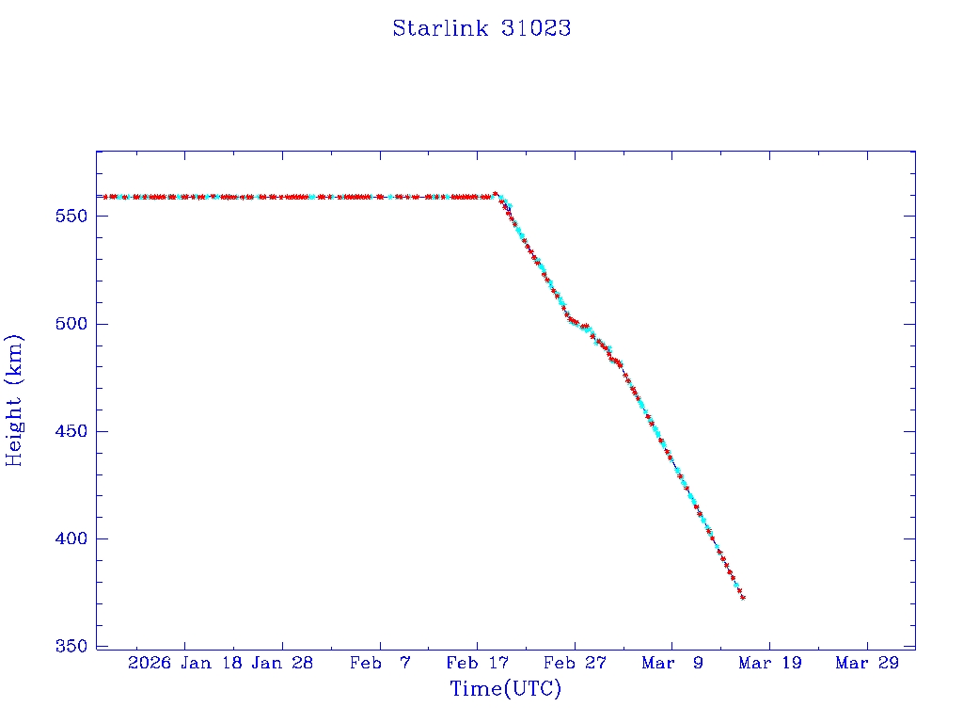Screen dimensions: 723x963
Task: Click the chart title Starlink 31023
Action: tap(481, 28)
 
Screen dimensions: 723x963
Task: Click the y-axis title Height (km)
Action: tap(15, 400)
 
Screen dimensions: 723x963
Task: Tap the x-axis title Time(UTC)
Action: tap(506, 689)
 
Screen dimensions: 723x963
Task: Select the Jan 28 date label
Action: tap(282, 663)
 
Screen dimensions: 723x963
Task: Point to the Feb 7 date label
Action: tap(380, 663)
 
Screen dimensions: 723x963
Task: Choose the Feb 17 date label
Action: tap(477, 663)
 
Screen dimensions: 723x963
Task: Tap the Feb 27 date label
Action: tap(575, 663)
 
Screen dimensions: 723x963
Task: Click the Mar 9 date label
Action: tap(672, 663)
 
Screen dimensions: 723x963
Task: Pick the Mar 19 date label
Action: tap(769, 663)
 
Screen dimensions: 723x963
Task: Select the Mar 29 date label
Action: tap(867, 663)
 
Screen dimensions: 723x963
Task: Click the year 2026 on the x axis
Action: tap(150, 663)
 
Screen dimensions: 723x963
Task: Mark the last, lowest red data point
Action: tap(743, 597)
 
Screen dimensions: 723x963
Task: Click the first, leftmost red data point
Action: tap(105, 197)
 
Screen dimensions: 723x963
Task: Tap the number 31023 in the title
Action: tap(537, 28)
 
